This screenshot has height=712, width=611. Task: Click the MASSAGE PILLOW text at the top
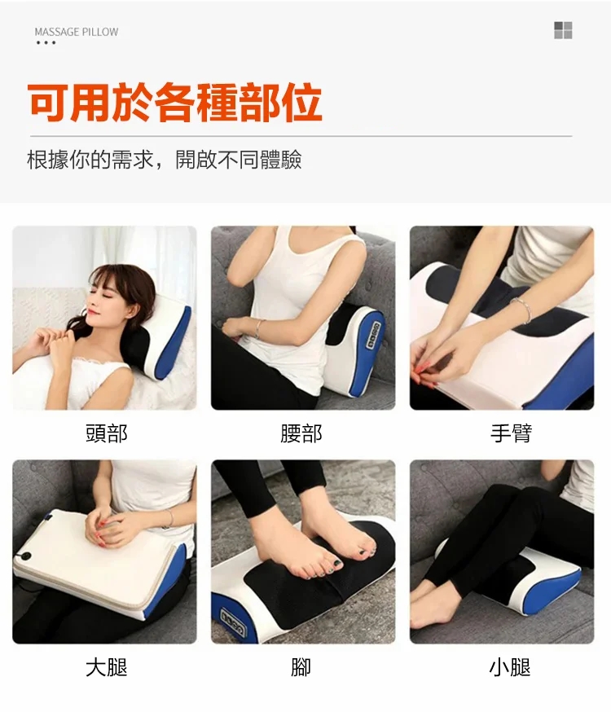[x=77, y=32]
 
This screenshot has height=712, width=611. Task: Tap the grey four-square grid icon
[x=563, y=30]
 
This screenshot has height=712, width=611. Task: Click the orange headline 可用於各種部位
[x=175, y=102]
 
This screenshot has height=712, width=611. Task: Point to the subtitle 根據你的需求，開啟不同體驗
[x=165, y=160]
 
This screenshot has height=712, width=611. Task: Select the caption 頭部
[x=107, y=433]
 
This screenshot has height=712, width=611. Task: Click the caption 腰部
[x=301, y=433]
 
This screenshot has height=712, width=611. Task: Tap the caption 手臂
[x=511, y=433]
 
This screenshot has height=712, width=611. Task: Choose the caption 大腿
[x=107, y=667]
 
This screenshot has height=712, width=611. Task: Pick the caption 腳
[x=301, y=667]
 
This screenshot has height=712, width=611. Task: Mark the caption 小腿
[x=510, y=667]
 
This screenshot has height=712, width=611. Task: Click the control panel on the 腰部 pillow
[x=374, y=336]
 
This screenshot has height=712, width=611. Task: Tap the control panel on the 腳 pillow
[x=233, y=622]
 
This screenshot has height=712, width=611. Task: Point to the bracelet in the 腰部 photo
[x=259, y=329]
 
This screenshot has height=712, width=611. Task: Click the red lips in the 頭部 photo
[x=93, y=311]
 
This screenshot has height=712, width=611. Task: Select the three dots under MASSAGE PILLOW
[x=46, y=42]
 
